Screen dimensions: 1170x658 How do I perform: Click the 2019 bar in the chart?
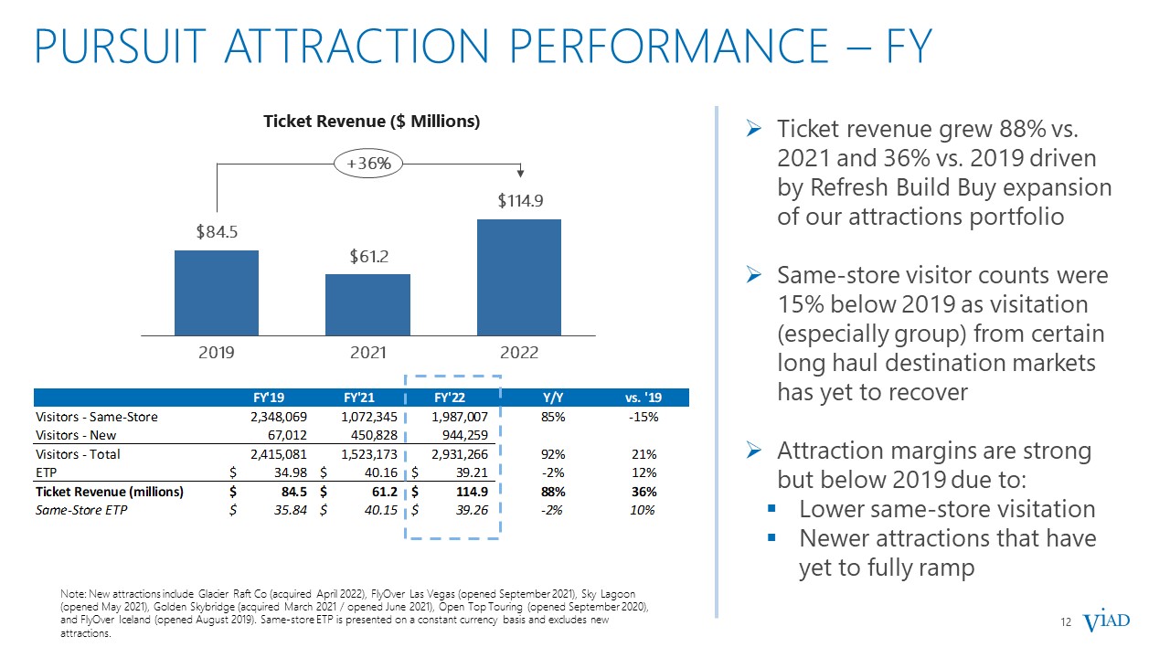217,293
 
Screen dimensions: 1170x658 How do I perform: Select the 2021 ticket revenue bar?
367,305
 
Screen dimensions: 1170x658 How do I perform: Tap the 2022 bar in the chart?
518,277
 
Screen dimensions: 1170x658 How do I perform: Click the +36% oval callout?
368,164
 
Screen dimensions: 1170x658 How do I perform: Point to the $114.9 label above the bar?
520,200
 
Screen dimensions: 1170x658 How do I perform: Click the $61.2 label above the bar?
368,257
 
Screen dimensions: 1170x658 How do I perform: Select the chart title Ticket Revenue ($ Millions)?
371,122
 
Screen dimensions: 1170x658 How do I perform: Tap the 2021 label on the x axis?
367,353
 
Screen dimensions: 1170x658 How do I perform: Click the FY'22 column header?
449,398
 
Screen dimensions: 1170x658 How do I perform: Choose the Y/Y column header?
553,398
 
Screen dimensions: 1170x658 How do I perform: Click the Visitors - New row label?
76,435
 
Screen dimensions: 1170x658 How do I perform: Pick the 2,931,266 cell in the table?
460,454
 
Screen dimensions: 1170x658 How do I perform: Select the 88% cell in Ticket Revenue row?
553,492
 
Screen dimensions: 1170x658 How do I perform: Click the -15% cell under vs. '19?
643,417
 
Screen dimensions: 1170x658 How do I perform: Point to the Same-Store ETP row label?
81,510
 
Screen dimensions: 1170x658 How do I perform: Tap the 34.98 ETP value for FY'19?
291,472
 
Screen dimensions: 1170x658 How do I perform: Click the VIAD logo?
1106,621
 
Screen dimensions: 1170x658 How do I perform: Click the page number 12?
1066,622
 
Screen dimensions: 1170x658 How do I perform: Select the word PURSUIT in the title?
120,46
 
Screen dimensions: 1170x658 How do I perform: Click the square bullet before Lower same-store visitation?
771,507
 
